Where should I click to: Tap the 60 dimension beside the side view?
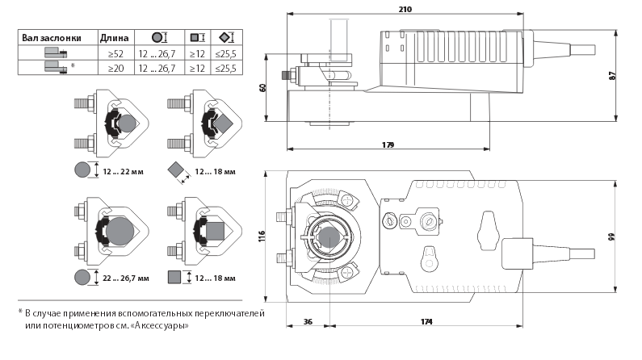262,87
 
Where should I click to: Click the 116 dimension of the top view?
262,237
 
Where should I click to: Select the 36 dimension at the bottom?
307,321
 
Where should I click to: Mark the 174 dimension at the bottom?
427,321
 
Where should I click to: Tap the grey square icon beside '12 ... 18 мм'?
174,278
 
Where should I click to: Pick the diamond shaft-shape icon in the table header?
225,37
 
